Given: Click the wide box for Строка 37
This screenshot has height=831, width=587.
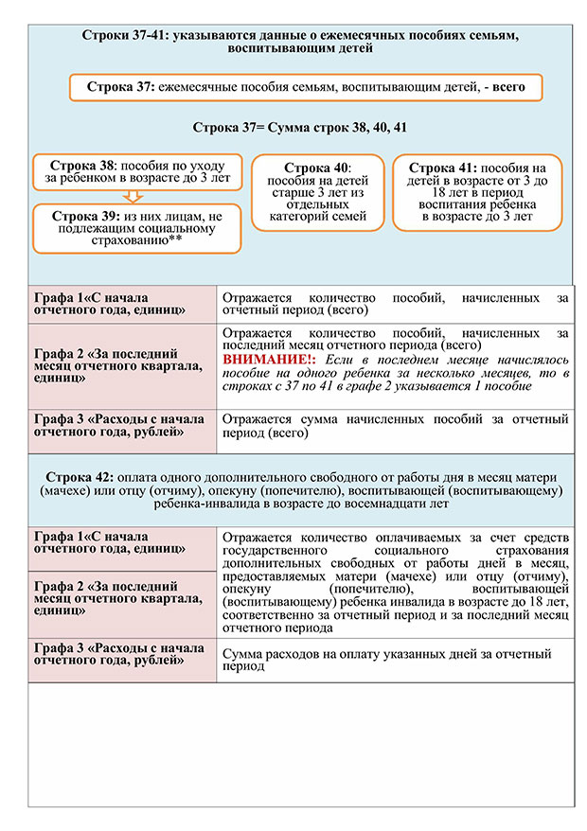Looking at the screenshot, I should point(305,88).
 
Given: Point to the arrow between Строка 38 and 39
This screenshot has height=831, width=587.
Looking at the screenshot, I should point(133,196).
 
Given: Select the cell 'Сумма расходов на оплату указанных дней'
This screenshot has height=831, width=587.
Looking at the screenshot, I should point(394,660).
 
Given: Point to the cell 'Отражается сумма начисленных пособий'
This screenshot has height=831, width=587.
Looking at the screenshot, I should point(394,426).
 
